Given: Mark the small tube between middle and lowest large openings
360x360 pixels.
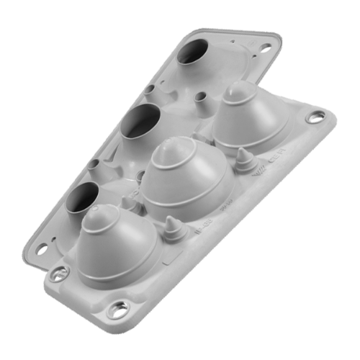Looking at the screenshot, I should pyautogui.click(x=95, y=165).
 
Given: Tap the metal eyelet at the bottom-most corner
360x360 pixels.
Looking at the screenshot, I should pyautogui.click(x=115, y=311).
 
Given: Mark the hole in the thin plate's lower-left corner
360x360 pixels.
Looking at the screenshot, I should pyautogui.click(x=42, y=248).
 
